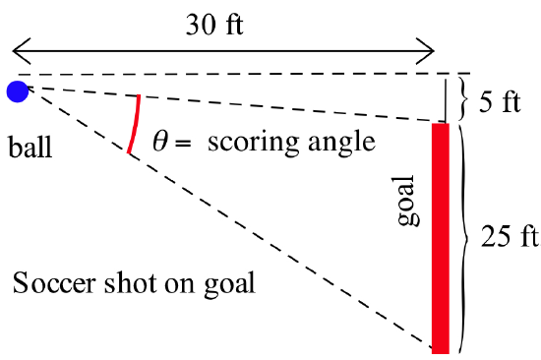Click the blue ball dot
click(18, 91)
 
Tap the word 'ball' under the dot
click(28, 150)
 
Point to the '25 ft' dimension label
click(508, 236)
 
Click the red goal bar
click(440, 236)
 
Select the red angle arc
click(135, 124)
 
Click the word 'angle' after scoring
click(340, 144)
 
